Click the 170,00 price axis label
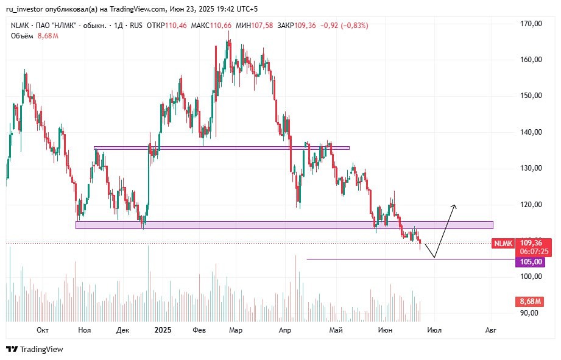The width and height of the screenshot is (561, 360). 531,24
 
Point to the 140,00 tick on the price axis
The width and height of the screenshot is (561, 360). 531,132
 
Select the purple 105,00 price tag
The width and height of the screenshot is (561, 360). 529,262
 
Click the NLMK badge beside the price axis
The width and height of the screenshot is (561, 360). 503,243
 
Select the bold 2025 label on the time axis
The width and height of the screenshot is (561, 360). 163,330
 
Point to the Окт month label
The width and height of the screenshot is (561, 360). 43,330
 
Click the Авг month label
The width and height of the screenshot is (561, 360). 490,330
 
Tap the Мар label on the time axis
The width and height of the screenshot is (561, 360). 236,330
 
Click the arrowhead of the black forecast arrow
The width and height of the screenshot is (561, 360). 454,206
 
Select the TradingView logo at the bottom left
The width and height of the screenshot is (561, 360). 35,349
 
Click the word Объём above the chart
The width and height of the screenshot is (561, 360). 22,36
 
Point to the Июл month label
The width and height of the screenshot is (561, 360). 434,330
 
